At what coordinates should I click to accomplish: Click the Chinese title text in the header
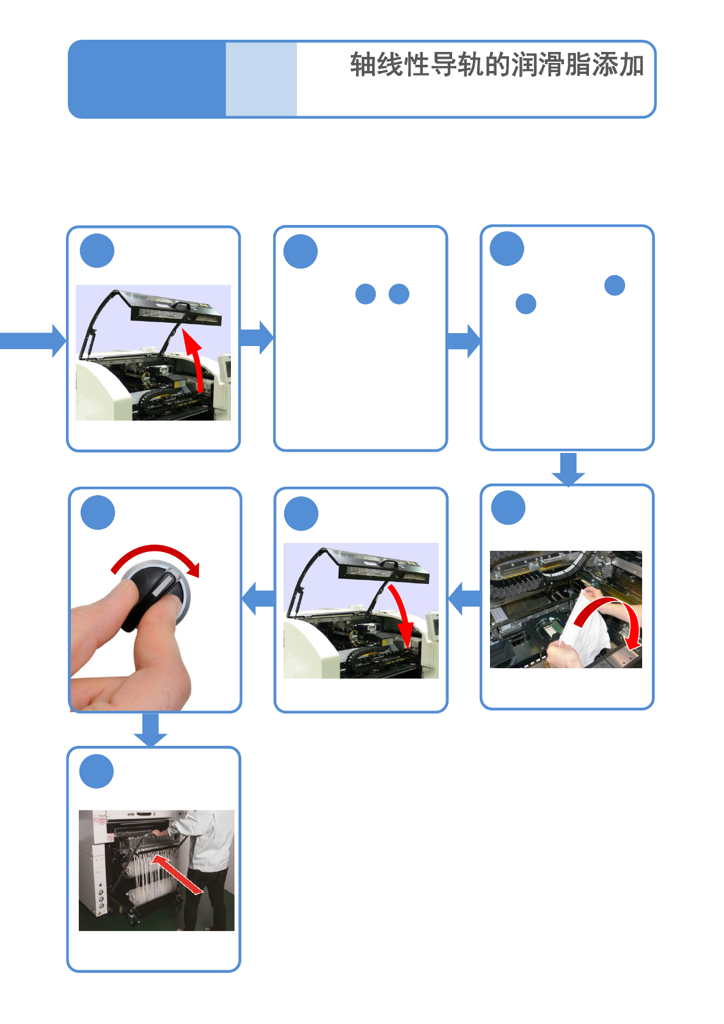click(497, 65)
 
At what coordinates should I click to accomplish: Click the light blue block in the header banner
click(261, 79)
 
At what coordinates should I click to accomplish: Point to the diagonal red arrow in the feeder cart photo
click(177, 874)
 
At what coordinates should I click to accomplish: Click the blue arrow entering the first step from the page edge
click(33, 341)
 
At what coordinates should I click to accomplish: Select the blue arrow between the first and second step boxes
click(257, 337)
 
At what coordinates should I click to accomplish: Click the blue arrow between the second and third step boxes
click(464, 341)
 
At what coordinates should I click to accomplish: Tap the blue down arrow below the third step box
click(568, 470)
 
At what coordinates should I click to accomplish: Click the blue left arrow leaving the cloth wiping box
click(464, 599)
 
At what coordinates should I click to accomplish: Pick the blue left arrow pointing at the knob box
click(258, 599)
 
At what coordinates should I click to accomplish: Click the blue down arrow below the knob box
click(150, 729)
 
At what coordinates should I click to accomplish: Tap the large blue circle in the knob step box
click(98, 512)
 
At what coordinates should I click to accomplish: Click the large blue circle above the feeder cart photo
click(97, 771)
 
